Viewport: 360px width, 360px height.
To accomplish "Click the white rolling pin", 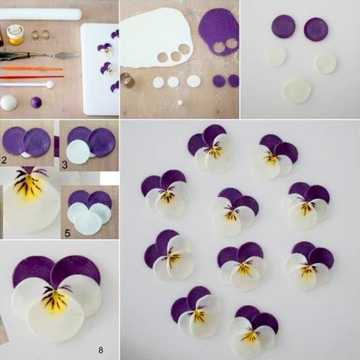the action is [40, 14].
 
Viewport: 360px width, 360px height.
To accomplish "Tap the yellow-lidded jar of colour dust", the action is [16, 35].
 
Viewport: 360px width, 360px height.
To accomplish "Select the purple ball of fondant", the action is [36, 102].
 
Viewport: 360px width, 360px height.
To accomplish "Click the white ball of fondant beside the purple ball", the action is [9, 103].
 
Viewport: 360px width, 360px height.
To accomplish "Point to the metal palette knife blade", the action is [65, 55].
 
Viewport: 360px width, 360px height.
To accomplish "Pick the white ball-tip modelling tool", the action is [27, 84].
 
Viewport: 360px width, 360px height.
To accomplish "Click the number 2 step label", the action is [4, 160].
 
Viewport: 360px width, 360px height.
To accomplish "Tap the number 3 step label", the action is [65, 164].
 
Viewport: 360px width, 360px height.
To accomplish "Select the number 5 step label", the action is [67, 233].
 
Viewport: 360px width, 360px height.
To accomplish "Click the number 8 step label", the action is [101, 350].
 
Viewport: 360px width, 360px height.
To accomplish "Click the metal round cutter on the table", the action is [128, 80].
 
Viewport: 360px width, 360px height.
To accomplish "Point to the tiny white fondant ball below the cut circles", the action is [181, 103].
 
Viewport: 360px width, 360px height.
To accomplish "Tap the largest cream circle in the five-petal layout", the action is [298, 90].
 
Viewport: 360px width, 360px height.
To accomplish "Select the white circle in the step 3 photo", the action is [79, 152].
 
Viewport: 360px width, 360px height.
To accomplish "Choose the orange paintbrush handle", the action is [31, 69].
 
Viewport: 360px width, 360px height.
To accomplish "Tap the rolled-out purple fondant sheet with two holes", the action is [219, 32].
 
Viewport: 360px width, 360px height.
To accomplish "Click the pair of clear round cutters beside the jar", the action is [41, 35].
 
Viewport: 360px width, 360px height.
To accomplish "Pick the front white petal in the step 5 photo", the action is [88, 223].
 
